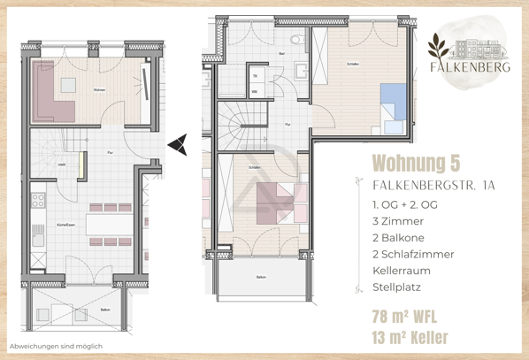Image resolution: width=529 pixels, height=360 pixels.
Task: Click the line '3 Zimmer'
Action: click(399, 220)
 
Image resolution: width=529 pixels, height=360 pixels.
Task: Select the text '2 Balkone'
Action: click(402, 237)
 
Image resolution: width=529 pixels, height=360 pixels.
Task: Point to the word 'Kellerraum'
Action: click(405, 271)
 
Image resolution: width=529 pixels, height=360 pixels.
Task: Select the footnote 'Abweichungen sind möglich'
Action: click(56, 346)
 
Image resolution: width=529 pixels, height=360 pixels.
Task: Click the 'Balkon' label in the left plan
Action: click(105, 310)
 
